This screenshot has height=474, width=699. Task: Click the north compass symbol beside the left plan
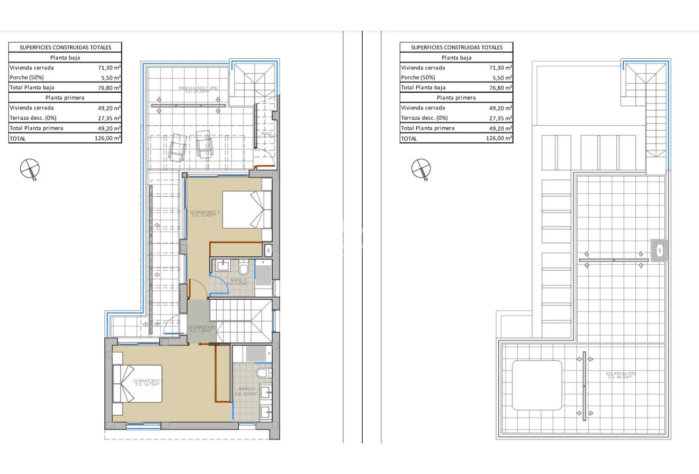pos(30,169)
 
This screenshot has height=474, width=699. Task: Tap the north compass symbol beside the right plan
pos(421,169)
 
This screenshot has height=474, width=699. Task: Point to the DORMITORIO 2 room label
pos(148,382)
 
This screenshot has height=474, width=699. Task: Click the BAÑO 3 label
pos(238,281)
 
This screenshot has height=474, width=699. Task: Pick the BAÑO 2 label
pos(246,391)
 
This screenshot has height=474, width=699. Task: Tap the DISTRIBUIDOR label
pos(201,329)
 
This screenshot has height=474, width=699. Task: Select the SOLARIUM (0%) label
pos(621,375)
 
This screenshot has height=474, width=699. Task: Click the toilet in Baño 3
pos(244,265)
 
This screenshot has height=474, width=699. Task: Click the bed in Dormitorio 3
pos(247,210)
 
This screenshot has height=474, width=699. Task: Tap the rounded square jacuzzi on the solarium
pos(536,385)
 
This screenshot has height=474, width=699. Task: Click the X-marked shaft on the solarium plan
pos(660,251)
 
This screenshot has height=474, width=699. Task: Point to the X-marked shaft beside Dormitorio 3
pos(268,250)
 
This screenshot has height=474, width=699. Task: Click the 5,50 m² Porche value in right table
pos(500,77)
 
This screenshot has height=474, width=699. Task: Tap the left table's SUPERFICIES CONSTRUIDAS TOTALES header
pos(65,47)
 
